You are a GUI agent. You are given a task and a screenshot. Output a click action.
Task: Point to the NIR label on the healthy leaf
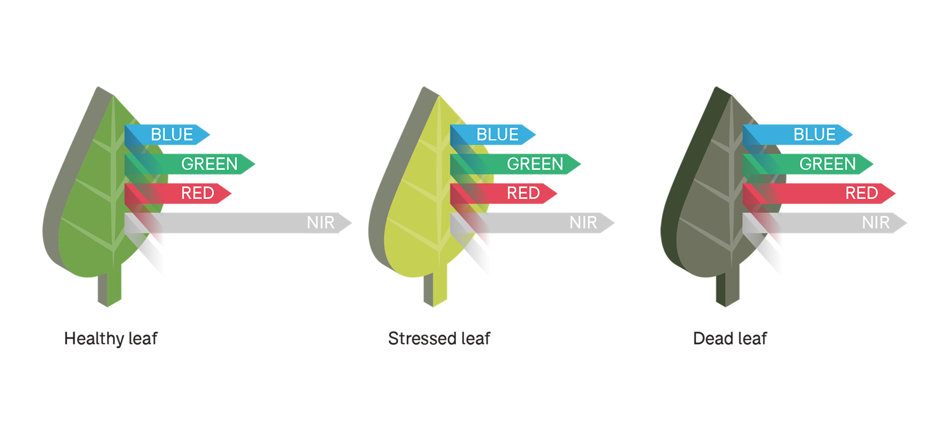pos(320,222)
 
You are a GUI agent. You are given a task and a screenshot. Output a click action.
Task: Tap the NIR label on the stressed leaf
pos(583,222)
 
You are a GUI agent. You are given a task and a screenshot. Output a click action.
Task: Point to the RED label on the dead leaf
pos(862,193)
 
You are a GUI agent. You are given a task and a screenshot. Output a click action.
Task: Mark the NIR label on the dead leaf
pos(876,222)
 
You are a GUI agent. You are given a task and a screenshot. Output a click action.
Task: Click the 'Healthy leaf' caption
pos(111,339)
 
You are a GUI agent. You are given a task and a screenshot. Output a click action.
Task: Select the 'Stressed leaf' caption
pos(439,339)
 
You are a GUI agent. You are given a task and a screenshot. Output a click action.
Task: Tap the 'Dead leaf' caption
pos(730,339)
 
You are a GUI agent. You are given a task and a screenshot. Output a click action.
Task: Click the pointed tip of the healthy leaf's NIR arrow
pos(350,223)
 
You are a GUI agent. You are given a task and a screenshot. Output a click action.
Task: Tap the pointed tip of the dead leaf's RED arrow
pos(894,193)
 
